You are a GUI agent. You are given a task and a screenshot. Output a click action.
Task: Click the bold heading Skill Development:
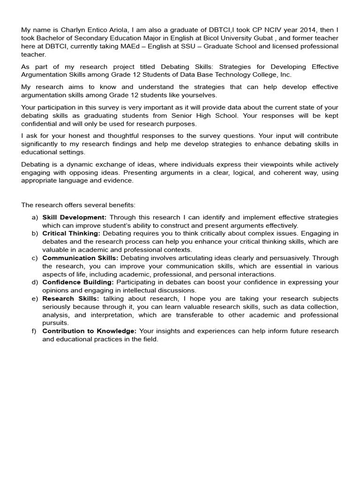click(75, 217)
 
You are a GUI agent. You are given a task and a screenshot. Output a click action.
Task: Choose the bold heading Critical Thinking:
click(71, 233)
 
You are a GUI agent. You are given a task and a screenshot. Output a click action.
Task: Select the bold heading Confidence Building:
click(78, 282)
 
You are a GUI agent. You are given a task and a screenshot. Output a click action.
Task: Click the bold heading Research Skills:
click(70, 299)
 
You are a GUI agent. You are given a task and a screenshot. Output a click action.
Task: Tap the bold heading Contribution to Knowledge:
click(89, 331)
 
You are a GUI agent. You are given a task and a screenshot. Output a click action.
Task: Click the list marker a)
click(35, 217)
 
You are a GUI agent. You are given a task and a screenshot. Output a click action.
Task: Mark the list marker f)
click(35, 331)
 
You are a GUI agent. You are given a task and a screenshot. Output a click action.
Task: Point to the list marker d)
click(35, 282)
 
